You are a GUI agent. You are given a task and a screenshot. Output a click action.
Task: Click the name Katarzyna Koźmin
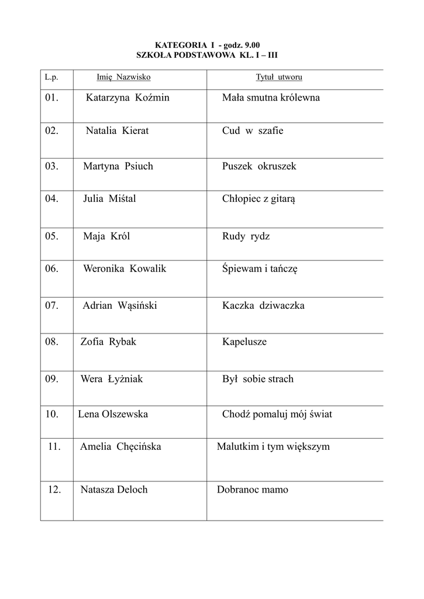pos(127,98)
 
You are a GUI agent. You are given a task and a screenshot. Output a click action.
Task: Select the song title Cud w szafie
pos(253,131)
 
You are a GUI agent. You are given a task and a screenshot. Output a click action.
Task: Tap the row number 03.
pos(51,166)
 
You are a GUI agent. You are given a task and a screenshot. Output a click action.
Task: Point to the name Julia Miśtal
pos(109,199)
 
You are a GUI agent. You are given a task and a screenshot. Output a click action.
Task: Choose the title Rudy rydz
pos(246,236)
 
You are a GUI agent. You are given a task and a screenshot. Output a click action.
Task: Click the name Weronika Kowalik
pos(125,268)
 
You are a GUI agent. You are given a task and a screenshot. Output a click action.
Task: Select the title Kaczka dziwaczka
pos(263,305)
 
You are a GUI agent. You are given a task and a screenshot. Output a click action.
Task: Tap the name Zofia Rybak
pos(108,342)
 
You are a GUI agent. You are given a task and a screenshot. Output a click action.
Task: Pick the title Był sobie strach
pos(258,379)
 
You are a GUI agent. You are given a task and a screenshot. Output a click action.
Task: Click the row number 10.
pos(51,414)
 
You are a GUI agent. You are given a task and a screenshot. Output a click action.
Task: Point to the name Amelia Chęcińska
pos(120,447)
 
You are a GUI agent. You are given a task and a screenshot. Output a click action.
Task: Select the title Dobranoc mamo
pos(253,490)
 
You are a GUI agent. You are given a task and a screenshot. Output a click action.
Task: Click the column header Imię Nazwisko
pos(123,77)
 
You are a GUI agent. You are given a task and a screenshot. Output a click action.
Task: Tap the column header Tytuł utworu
pos(279,77)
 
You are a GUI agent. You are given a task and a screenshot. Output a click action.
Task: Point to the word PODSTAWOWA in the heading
pos(199,54)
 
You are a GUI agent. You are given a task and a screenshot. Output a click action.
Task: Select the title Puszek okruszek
pos(259,166)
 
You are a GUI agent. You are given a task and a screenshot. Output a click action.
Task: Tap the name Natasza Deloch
pos(114,490)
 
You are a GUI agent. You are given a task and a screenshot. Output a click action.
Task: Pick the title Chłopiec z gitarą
pos(258,199)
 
